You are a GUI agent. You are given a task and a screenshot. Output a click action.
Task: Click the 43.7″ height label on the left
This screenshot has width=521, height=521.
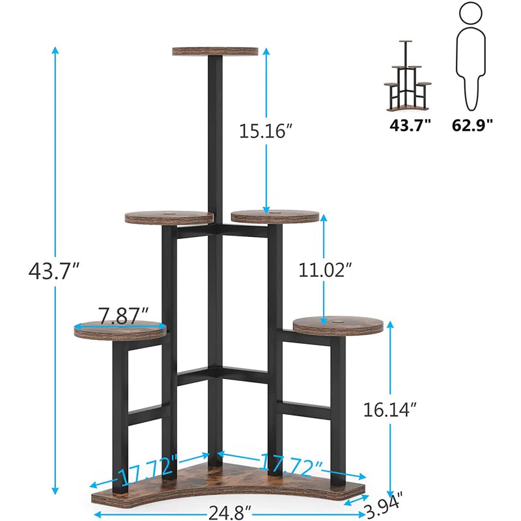tap(54, 270)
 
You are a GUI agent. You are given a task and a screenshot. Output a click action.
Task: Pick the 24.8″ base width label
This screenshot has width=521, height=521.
tap(229, 512)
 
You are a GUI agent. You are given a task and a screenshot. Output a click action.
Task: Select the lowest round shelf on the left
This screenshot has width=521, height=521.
tap(120, 330)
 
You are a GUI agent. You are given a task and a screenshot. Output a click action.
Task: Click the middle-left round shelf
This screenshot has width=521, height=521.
tap(169, 217)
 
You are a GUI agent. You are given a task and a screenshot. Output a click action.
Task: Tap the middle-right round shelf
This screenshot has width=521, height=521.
tap(275, 216)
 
